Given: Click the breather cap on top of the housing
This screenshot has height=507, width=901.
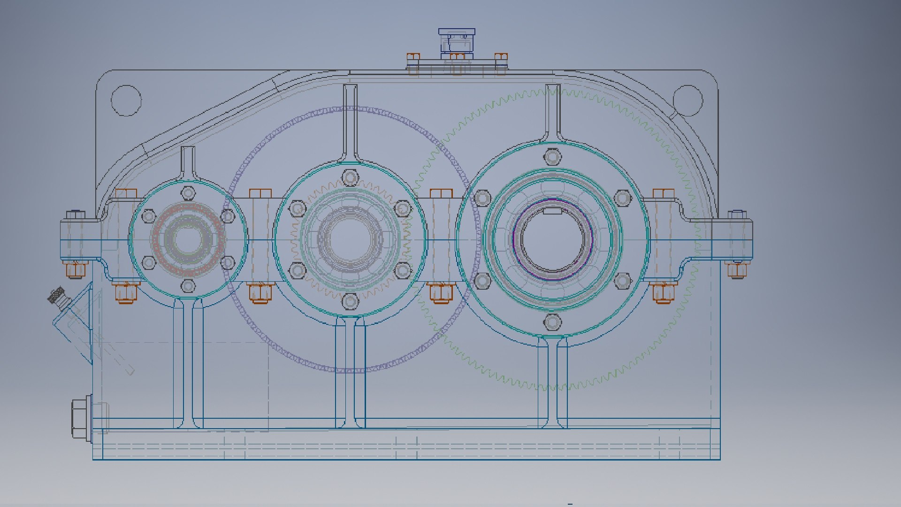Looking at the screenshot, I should [x=456, y=41].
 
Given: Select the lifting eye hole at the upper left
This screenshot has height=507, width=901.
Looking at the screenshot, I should [x=126, y=100].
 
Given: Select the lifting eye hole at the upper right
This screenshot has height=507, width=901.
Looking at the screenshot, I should [x=687, y=100].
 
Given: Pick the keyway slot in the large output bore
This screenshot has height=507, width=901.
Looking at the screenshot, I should [x=552, y=211].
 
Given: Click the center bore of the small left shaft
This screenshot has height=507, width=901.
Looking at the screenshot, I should [x=187, y=239].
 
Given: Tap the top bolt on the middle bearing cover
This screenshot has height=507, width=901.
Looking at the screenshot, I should [x=350, y=177].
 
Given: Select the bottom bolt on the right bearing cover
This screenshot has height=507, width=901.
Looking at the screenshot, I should [x=552, y=323].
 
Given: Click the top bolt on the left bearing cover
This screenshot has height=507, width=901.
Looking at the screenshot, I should [x=188, y=192].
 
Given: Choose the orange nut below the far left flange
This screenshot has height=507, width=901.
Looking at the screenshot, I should [x=75, y=270].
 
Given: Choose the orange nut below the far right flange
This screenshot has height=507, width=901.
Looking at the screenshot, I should [x=737, y=270].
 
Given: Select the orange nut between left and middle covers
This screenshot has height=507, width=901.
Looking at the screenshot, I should [x=260, y=293].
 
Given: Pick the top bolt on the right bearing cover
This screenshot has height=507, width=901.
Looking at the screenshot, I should [x=552, y=156].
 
